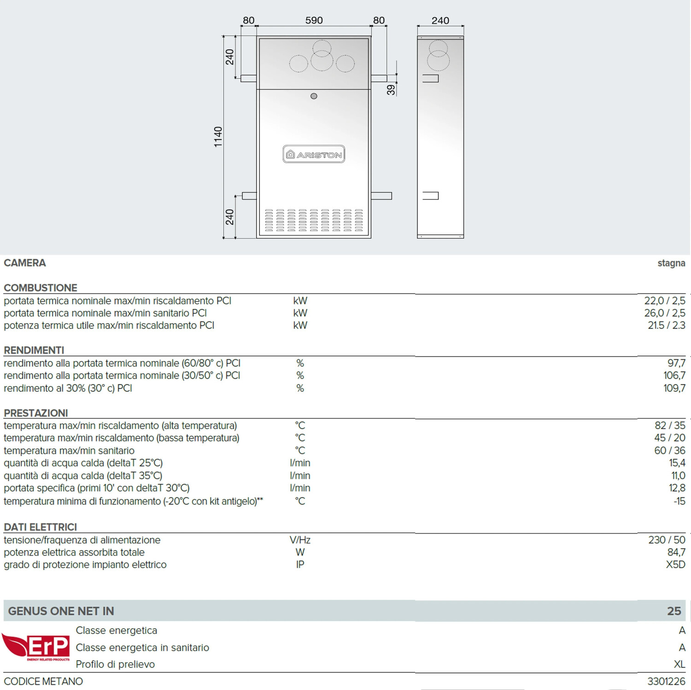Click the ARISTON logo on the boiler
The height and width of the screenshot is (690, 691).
point(314,154)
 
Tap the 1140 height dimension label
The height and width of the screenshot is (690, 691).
point(218,137)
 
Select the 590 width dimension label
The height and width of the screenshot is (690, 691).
point(314,20)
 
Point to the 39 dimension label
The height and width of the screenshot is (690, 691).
point(391,89)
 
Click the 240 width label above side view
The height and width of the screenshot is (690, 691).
point(440,20)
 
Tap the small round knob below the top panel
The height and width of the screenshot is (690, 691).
point(314,96)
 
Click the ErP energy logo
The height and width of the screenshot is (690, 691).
point(37,647)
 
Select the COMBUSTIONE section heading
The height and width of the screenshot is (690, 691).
point(41,288)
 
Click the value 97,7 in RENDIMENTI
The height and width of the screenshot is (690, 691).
point(676,363)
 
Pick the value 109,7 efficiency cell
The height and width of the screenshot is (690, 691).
point(674,388)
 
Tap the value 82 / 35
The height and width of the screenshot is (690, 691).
point(670,425)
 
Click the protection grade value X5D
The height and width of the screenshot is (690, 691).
point(675,565)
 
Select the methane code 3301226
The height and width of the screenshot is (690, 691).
point(666,681)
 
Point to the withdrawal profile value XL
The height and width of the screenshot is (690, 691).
point(679,664)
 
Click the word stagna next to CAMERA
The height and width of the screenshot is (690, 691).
point(671,263)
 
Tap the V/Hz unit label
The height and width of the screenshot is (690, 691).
point(300,540)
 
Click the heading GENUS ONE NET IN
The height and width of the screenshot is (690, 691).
point(61,611)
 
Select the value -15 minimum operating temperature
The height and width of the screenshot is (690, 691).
point(679,501)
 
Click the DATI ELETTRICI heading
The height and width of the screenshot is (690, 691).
point(41,527)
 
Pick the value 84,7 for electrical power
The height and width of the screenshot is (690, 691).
point(676,552)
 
